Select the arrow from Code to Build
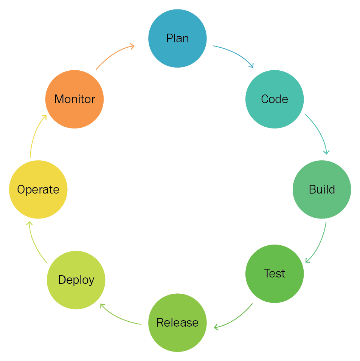tap(320, 132)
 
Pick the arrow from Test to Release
tap(236, 319)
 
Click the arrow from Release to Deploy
tap(117, 317)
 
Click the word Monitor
tap(74, 99)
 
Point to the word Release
tap(177, 322)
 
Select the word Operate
tap(38, 189)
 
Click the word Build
tap(322, 189)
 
